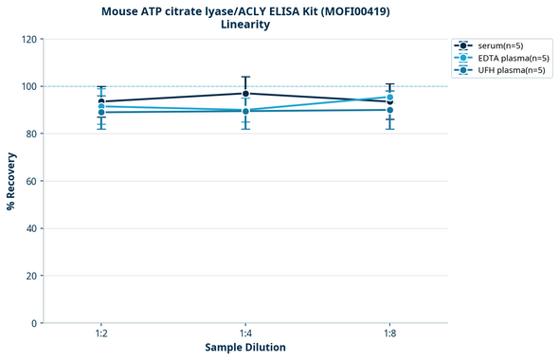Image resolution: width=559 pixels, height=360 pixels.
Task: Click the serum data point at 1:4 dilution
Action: tap(246, 93)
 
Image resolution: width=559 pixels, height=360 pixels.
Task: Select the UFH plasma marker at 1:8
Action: tap(389, 110)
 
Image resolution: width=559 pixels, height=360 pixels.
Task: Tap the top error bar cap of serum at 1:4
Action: tap(246, 77)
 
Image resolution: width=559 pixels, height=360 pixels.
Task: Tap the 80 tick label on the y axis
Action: tap(32, 134)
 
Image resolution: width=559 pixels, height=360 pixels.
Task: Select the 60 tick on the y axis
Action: tap(32, 181)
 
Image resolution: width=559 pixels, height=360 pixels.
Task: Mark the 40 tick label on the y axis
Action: tap(32, 228)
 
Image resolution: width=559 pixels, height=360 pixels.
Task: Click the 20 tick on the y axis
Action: tap(32, 276)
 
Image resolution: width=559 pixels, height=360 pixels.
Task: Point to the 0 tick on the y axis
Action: tap(35, 323)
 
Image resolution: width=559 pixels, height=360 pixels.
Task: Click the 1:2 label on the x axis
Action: tap(101, 334)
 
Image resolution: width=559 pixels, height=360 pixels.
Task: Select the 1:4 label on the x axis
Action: tap(246, 334)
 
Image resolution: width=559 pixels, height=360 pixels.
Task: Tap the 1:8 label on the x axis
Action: tap(389, 334)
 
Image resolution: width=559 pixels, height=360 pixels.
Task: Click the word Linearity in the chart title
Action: tap(245, 25)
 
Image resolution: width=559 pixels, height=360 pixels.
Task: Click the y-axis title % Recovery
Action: tap(11, 180)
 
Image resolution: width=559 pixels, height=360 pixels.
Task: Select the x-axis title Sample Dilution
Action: tap(245, 348)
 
